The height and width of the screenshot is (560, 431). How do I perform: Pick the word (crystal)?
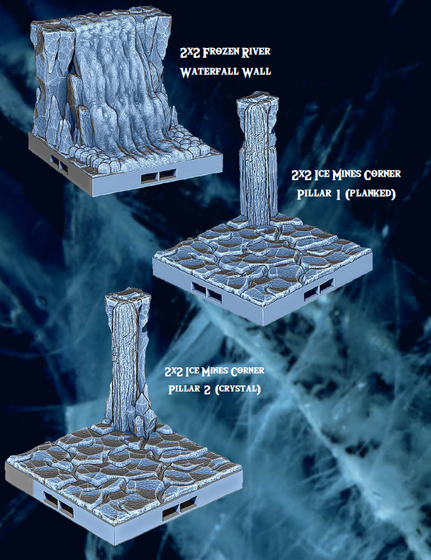click(237, 389)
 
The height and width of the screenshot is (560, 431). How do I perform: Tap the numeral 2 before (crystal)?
click(205, 389)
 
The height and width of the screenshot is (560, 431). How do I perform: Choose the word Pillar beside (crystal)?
click(183, 389)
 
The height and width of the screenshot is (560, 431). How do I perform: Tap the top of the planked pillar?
click(254, 103)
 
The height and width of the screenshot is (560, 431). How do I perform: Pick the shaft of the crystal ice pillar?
click(127, 362)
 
